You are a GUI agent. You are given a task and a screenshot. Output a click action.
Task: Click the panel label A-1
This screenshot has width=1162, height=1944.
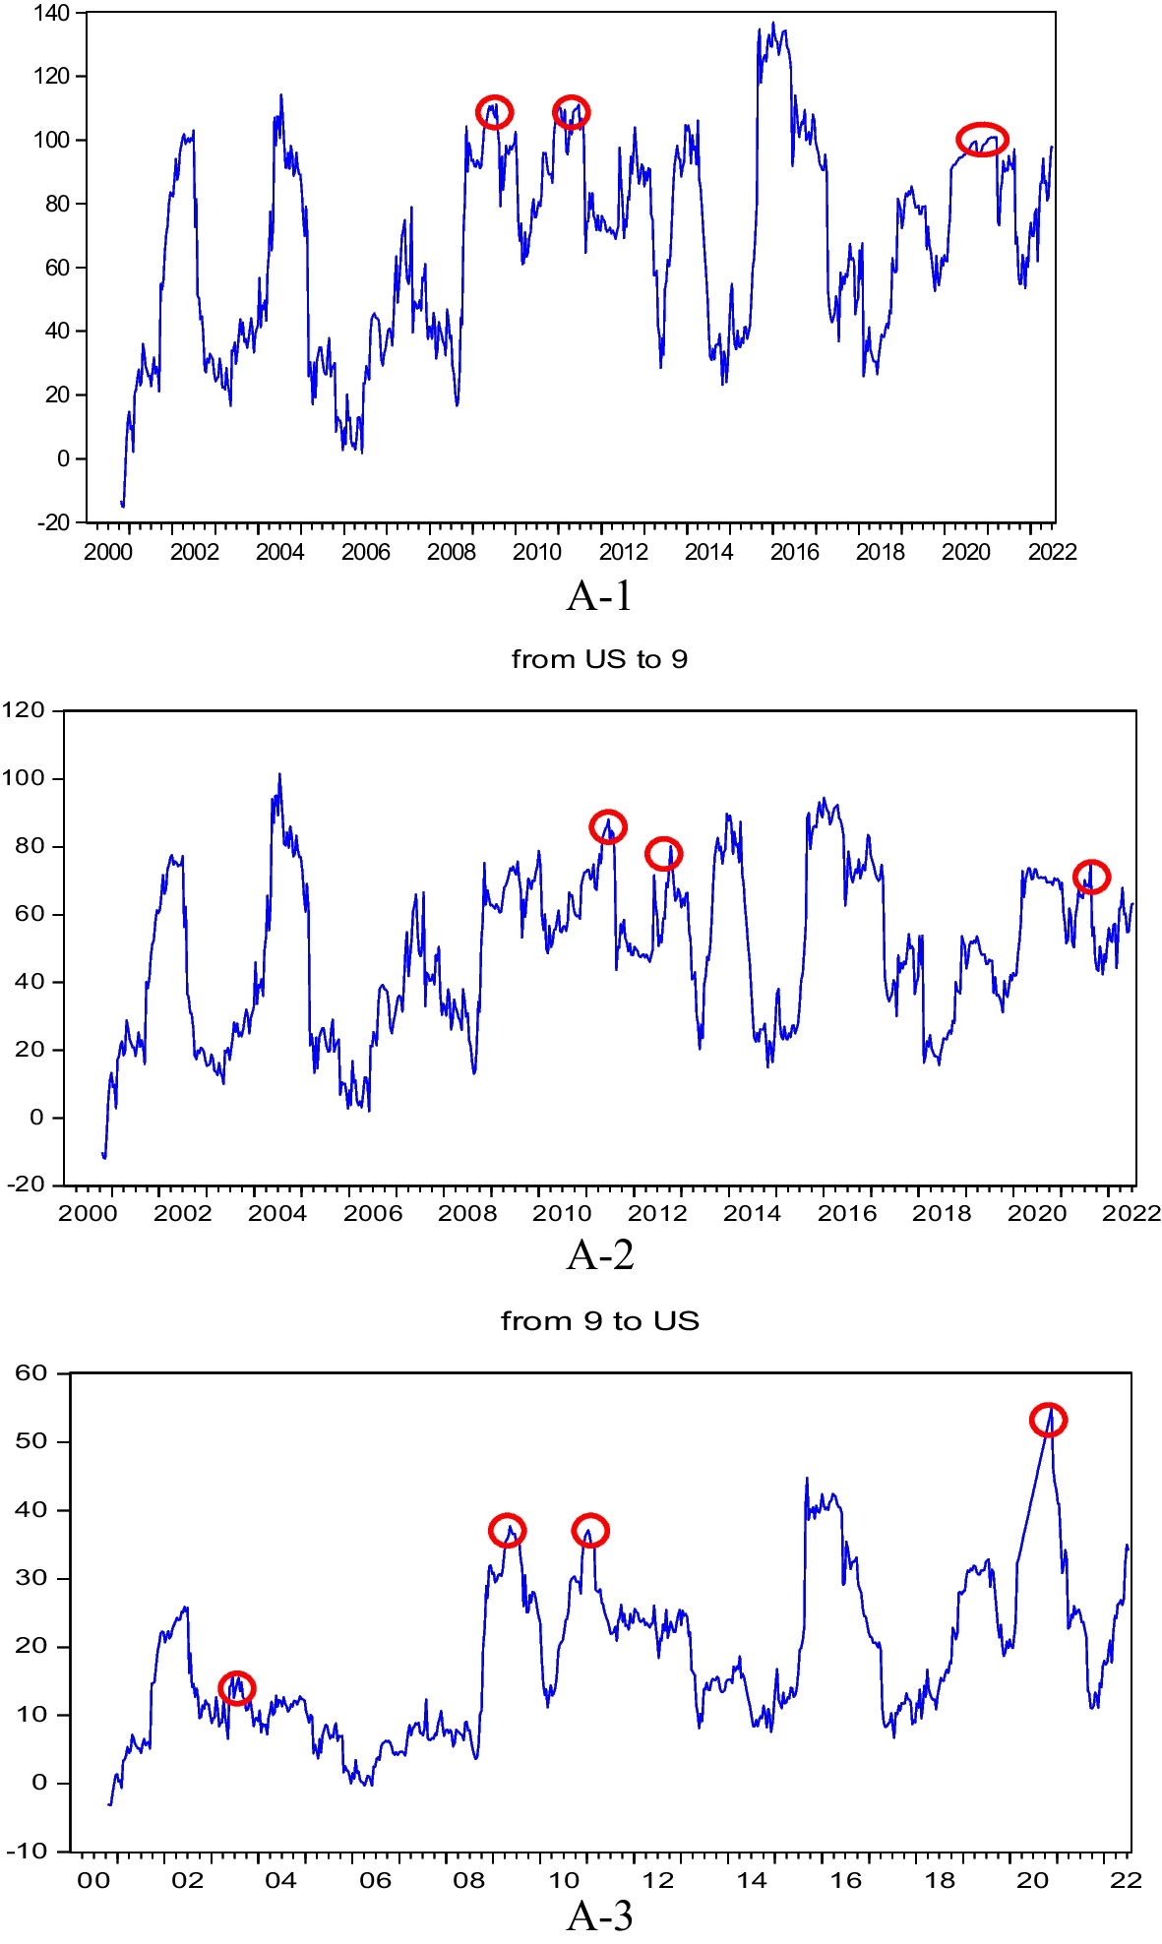click(599, 596)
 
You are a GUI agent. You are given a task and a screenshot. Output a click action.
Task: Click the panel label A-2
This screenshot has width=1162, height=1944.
click(600, 1255)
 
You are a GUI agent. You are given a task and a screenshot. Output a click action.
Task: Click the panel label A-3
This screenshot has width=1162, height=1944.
click(600, 1915)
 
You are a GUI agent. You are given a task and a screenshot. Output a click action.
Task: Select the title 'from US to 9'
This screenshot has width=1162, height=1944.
click(599, 659)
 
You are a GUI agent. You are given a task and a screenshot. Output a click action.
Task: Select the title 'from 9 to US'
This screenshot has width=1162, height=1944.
click(600, 1320)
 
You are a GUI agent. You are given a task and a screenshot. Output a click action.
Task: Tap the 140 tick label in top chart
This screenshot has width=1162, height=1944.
click(51, 14)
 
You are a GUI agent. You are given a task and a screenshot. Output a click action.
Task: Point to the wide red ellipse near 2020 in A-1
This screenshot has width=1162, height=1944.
click(982, 140)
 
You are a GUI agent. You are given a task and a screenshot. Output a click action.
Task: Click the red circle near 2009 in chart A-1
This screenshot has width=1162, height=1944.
click(494, 112)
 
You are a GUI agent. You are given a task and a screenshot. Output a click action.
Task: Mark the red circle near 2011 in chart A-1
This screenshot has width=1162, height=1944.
click(571, 112)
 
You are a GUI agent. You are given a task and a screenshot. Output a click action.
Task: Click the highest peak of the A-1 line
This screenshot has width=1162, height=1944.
click(772, 24)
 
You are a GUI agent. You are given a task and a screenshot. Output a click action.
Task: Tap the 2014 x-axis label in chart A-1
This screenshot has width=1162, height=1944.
click(708, 552)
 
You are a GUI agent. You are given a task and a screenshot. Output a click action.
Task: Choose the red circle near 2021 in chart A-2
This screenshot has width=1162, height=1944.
click(1091, 876)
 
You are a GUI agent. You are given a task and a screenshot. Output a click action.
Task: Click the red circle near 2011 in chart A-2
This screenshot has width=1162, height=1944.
click(608, 826)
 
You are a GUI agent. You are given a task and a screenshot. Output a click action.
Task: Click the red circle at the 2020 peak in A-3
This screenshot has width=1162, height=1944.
click(1049, 1420)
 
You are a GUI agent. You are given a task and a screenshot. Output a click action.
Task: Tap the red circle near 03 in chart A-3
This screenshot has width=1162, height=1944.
click(236, 1687)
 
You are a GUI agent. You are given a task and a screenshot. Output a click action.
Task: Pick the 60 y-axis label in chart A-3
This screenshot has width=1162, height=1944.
click(31, 1373)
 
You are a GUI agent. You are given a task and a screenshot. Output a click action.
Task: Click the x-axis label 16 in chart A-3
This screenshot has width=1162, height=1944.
click(845, 1880)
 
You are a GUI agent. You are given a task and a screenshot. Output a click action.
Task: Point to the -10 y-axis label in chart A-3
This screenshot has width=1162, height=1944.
click(27, 1851)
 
